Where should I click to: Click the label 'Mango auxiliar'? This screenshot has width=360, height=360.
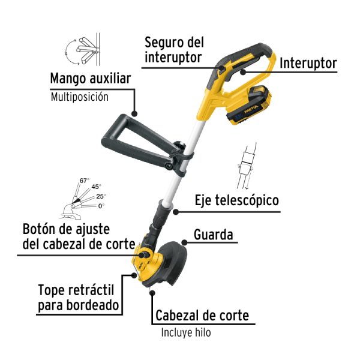click(90, 79)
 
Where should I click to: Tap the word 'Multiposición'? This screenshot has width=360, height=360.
click(79, 97)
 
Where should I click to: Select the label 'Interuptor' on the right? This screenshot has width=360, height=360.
click(308, 62)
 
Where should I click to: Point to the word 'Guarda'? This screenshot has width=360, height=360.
click(213, 235)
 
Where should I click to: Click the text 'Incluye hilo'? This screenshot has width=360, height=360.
click(186, 332)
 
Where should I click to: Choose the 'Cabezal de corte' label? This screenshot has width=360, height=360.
click(202, 315)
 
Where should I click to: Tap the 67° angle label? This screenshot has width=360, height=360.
click(84, 181)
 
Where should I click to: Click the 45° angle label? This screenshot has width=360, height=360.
click(96, 187)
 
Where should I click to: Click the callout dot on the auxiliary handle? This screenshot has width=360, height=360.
click(135, 112)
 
